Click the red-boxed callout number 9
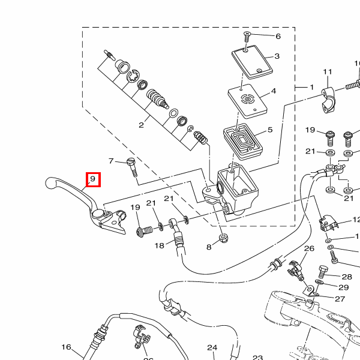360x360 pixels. coord(93,179)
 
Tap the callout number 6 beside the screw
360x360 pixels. coord(278,36)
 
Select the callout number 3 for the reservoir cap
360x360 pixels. coord(277,56)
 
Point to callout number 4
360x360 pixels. coord(273,91)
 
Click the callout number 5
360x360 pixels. coord(270,129)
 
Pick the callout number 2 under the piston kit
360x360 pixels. coord(142,125)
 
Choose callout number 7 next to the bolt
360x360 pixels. coord(111,161)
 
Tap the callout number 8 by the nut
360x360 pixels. coord(209,247)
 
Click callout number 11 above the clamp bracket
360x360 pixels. coord(328,73)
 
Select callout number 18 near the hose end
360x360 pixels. coord(159,245)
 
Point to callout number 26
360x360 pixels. coord(310,248)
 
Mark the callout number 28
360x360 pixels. coord(347,277)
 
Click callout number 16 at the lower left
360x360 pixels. coord(66,347)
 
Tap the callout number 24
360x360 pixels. coord(212,347)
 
